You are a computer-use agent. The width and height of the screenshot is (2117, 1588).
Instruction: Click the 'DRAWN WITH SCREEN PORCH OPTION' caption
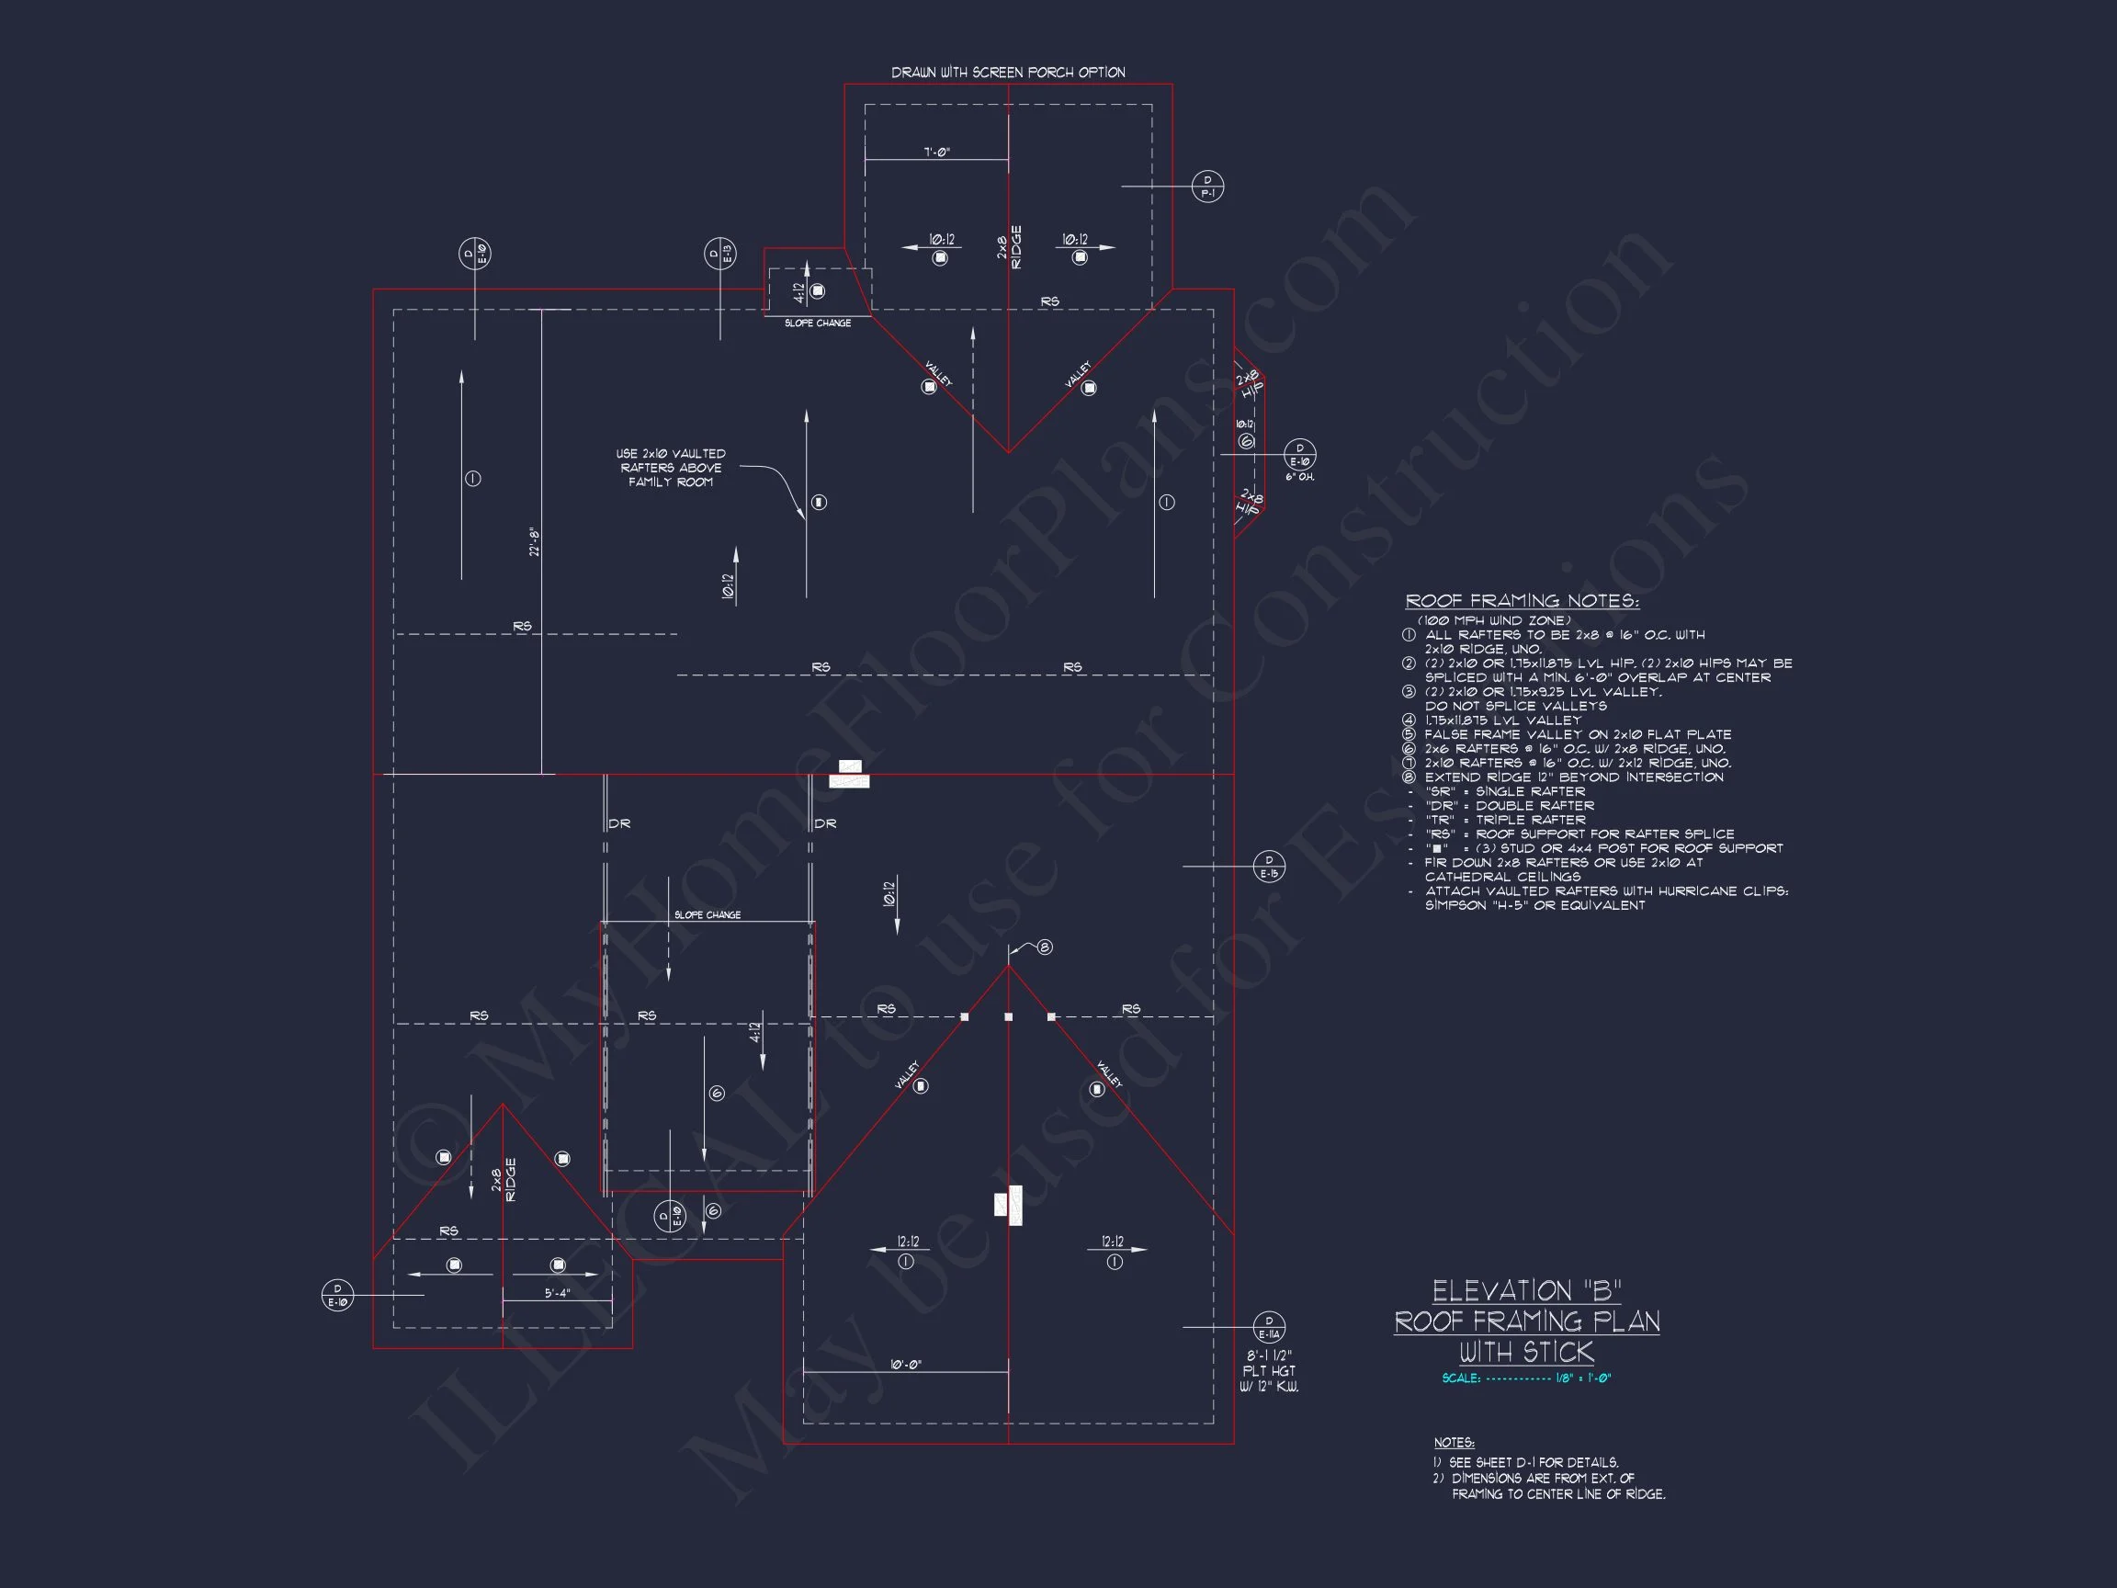click(x=1008, y=73)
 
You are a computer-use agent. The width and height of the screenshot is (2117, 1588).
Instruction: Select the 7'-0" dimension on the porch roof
click(x=937, y=153)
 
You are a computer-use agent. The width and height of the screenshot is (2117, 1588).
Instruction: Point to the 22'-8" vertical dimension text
click(x=535, y=542)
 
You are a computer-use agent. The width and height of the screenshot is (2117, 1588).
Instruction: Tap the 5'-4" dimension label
click(x=557, y=1293)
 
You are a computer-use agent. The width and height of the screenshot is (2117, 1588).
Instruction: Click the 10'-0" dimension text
click(x=905, y=1364)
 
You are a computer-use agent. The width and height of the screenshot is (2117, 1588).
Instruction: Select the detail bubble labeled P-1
click(x=1206, y=187)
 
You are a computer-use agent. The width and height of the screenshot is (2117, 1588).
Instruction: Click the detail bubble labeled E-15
click(x=1269, y=867)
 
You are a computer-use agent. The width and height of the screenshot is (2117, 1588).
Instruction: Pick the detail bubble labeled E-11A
click(x=1269, y=1327)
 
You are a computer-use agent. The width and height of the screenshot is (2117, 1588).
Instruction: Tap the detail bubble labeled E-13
click(x=719, y=254)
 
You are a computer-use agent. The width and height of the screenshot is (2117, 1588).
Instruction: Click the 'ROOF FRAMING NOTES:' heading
click(x=1522, y=601)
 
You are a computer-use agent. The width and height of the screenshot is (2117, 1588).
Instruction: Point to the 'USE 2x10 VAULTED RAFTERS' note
click(x=670, y=467)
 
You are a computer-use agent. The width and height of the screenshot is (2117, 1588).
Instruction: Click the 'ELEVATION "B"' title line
click(x=1526, y=1291)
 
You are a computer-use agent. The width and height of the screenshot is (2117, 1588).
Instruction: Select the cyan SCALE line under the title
click(x=1526, y=1378)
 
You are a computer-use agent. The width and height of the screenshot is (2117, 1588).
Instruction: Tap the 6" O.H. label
click(x=1299, y=477)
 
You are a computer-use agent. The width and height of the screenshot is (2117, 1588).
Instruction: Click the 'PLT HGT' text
click(x=1269, y=1371)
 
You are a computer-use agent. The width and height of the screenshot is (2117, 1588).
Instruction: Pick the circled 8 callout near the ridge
click(x=1045, y=947)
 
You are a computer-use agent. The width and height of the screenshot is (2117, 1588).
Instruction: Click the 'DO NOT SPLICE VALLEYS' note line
click(x=1516, y=706)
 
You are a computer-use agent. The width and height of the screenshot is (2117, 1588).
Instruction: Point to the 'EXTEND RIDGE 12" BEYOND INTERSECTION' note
click(x=1573, y=777)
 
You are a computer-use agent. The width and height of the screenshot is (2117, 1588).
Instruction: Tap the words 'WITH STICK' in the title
click(x=1526, y=1352)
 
